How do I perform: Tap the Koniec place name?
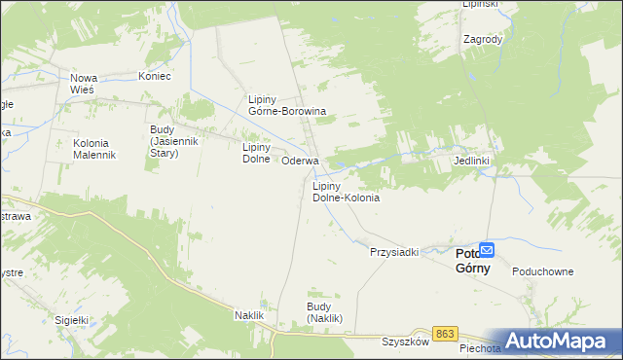click(155, 76)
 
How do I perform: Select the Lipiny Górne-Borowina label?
click(286, 105)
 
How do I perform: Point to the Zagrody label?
click(483, 40)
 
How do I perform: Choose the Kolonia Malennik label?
click(94, 149)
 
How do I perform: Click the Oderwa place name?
click(300, 161)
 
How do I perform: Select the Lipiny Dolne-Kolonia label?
click(345, 192)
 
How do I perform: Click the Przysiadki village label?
click(393, 252)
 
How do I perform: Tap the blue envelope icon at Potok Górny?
click(488, 250)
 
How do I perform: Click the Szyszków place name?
click(405, 342)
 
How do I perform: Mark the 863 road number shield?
click(445, 334)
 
